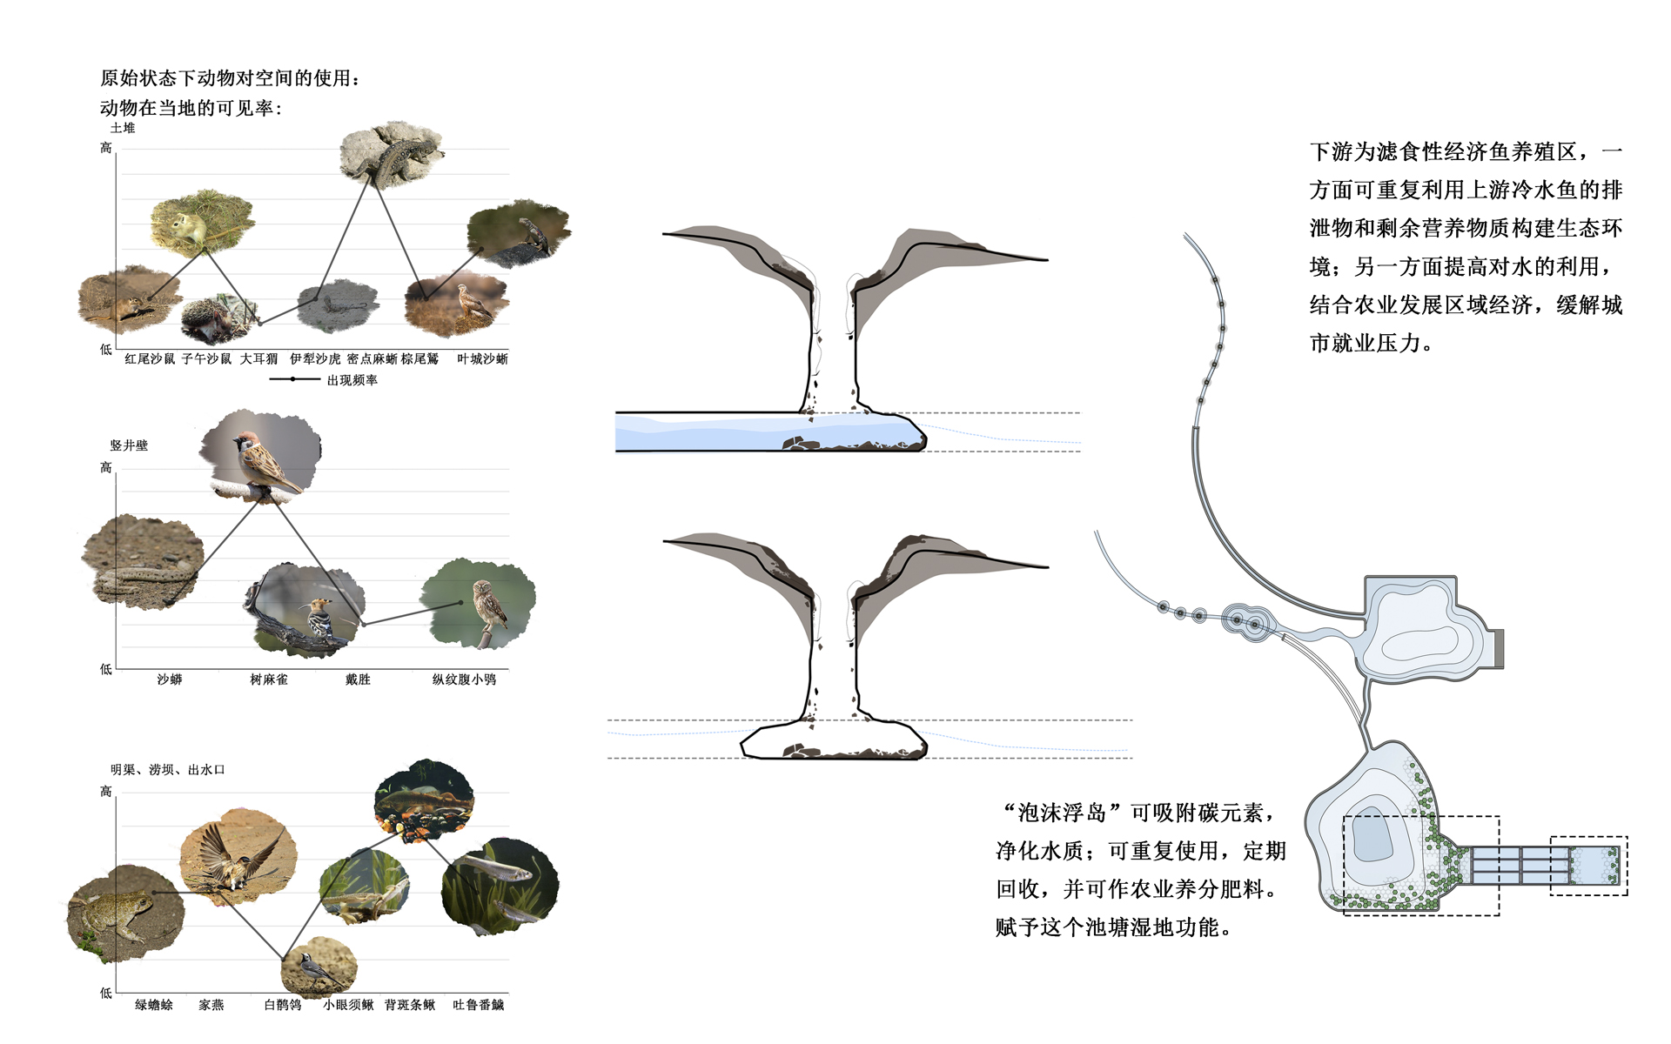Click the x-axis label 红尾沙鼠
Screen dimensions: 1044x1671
150,358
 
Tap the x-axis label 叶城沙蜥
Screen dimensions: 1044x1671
482,358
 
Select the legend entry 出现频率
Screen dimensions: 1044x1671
352,380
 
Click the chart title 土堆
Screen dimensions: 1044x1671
123,128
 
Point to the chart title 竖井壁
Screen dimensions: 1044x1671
129,445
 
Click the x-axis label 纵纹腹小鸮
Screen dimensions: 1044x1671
464,679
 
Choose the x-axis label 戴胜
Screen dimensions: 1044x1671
358,679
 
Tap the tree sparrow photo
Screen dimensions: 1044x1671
261,457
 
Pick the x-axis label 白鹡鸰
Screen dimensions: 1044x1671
283,1005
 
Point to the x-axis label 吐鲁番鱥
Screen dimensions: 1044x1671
478,1005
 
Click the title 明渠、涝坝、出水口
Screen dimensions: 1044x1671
167,770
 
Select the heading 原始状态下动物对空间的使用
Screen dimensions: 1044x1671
228,78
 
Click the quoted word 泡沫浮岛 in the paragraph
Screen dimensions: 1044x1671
1061,813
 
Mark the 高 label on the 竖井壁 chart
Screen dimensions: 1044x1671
106,468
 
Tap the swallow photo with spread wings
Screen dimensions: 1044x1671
238,857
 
